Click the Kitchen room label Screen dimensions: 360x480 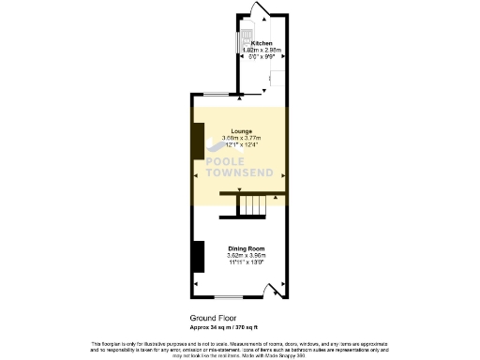pos(259,43)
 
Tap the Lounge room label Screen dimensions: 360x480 pos(240,132)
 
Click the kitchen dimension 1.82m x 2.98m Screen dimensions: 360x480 pos(259,50)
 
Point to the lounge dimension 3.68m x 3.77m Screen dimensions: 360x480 pos(240,139)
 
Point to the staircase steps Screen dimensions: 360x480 pos(250,205)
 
